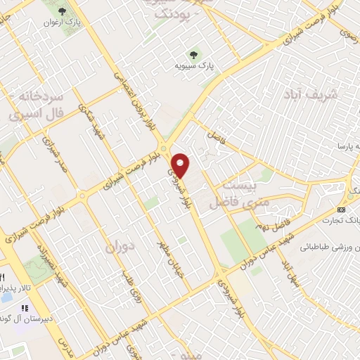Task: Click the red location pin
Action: (x=181, y=165)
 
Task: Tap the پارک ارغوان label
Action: (x=61, y=22)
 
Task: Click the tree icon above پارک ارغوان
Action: (x=61, y=11)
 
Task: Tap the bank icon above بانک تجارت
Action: (x=341, y=210)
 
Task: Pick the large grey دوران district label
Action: (x=119, y=247)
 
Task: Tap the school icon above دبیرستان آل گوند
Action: (x=25, y=308)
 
